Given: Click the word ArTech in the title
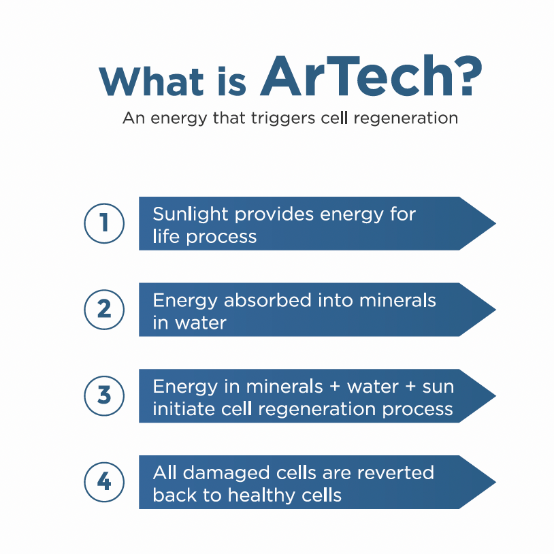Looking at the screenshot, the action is (357, 76).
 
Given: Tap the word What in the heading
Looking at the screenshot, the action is (151, 81).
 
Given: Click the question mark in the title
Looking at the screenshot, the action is (470, 76).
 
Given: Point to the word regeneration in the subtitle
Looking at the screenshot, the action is (406, 118).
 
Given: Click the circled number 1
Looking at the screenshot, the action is (104, 223).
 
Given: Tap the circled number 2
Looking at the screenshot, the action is (104, 309).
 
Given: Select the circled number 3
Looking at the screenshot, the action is (104, 395).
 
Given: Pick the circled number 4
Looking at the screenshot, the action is (104, 482).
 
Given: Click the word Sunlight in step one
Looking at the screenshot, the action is (190, 214).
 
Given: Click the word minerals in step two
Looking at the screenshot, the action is (397, 300).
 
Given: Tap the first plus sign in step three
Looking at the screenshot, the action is (335, 387).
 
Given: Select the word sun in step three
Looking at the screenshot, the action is (438, 387).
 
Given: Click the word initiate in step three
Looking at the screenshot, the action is (183, 409).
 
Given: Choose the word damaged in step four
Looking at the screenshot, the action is (226, 474).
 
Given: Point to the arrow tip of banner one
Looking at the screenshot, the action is (496, 223).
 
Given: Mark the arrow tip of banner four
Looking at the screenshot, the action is (496, 482).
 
